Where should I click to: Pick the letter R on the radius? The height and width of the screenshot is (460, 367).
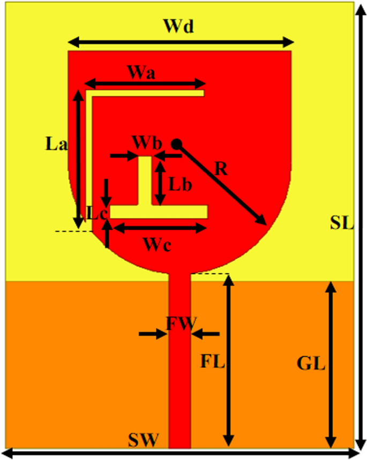(221, 169)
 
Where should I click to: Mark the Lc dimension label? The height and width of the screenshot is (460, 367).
(95, 213)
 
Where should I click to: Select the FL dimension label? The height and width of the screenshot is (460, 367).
(213, 361)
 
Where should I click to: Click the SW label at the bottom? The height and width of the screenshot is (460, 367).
(144, 441)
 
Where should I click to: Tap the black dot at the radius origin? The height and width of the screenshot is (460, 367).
(176, 144)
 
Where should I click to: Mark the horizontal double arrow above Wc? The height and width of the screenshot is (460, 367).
(161, 228)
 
